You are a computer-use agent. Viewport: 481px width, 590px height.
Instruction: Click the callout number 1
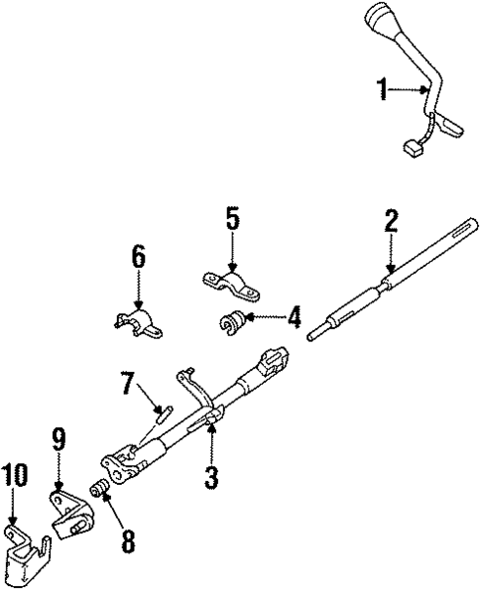(x=381, y=91)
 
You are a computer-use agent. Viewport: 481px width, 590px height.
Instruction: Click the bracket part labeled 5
(x=232, y=288)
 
